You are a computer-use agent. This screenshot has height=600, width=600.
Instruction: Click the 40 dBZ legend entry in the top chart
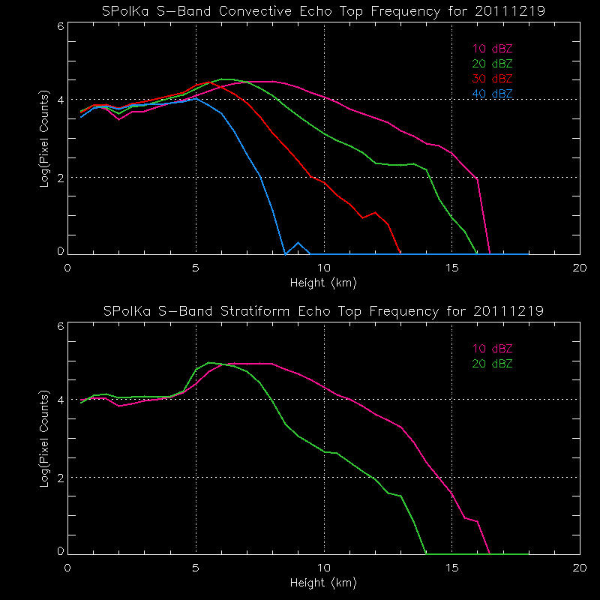[x=493, y=93]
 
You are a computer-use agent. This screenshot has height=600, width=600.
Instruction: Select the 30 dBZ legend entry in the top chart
[x=493, y=78]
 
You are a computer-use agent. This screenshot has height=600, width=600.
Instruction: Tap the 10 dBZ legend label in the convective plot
[x=493, y=49]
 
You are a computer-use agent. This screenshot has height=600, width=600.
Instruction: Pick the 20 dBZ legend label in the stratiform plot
[x=493, y=363]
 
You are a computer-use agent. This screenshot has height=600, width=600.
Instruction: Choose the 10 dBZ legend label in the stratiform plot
[x=493, y=348]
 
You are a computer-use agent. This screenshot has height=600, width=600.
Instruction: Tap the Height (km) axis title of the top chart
[x=323, y=283]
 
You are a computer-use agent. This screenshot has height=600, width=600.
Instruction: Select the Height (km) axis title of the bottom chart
[x=323, y=582]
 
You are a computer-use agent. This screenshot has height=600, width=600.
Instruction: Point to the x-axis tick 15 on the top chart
[x=451, y=268]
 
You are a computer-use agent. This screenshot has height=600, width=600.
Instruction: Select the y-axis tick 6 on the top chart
[x=60, y=26]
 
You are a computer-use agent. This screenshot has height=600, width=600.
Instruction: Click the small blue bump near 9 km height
[x=298, y=243]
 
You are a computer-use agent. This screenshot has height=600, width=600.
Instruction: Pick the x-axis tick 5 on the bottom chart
[x=196, y=567]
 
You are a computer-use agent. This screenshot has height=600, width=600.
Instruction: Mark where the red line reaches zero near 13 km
[x=400, y=253]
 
